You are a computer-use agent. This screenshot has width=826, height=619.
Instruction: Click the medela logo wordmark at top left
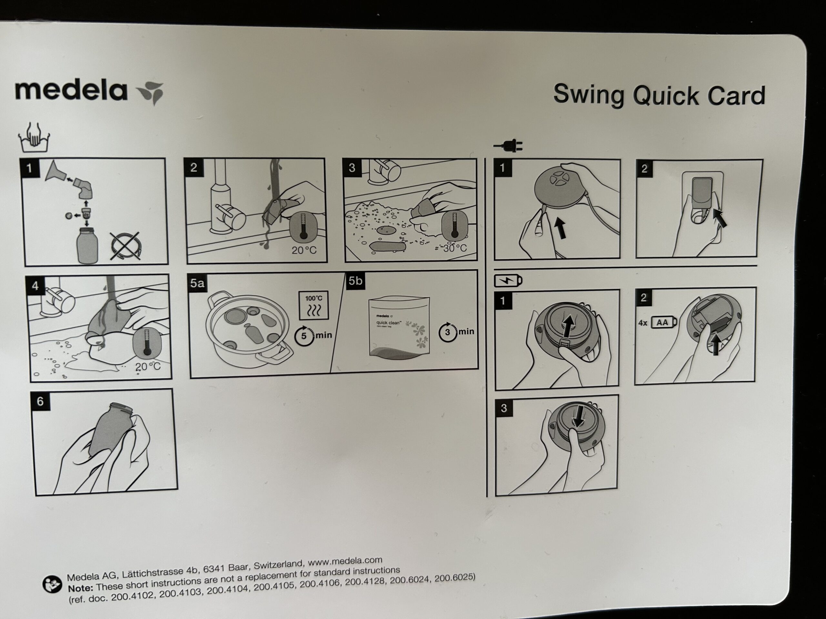click(x=71, y=91)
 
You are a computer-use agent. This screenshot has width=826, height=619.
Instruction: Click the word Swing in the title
click(x=589, y=94)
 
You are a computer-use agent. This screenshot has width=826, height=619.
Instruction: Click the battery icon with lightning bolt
click(x=508, y=280)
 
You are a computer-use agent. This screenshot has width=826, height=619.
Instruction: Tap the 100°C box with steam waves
click(x=314, y=306)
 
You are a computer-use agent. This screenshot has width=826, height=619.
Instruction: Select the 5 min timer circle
click(x=304, y=336)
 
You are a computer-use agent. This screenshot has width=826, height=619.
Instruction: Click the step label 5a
click(x=197, y=283)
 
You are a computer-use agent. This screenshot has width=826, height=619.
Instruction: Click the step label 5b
click(x=355, y=280)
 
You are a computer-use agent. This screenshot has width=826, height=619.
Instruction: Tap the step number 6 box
click(x=40, y=401)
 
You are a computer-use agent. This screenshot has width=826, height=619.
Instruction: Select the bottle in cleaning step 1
click(x=87, y=246)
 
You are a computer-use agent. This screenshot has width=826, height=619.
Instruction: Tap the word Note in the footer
click(x=80, y=588)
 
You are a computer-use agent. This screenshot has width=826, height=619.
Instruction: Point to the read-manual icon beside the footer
click(x=52, y=584)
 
